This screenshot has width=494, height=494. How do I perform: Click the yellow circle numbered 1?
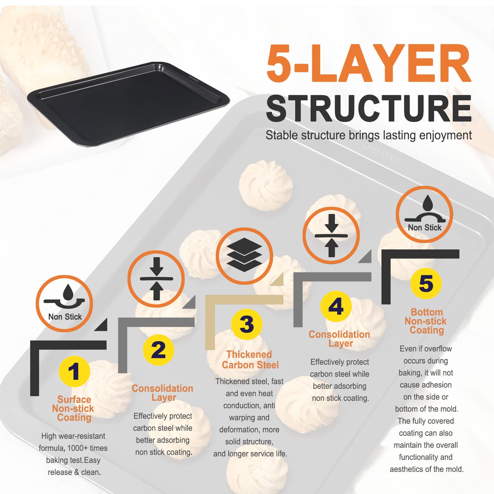[x=74, y=371]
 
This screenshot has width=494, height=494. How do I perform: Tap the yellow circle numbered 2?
[x=158, y=350]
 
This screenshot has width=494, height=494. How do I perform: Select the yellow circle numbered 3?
[x=247, y=324]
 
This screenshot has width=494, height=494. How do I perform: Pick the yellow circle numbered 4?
[x=336, y=306]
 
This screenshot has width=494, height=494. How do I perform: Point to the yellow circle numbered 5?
[x=426, y=283]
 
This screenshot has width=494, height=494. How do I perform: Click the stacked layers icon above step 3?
[x=244, y=256]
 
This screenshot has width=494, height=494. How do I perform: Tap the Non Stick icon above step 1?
[x=65, y=304]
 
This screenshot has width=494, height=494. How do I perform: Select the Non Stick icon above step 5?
[x=425, y=214]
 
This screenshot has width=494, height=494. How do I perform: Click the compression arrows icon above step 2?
[x=156, y=279]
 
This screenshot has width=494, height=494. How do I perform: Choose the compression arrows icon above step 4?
[x=331, y=236]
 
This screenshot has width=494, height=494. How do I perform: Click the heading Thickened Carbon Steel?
[x=250, y=360]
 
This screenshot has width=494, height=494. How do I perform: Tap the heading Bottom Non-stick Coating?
[x=426, y=321]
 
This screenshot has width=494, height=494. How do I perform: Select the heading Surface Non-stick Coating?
[x=73, y=408]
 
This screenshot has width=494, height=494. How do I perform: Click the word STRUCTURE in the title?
[x=369, y=108]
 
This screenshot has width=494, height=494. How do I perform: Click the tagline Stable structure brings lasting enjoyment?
[x=369, y=136]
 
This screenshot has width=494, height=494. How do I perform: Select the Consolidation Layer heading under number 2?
[x=163, y=393]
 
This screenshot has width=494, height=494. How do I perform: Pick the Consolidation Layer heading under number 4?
[x=339, y=339]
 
